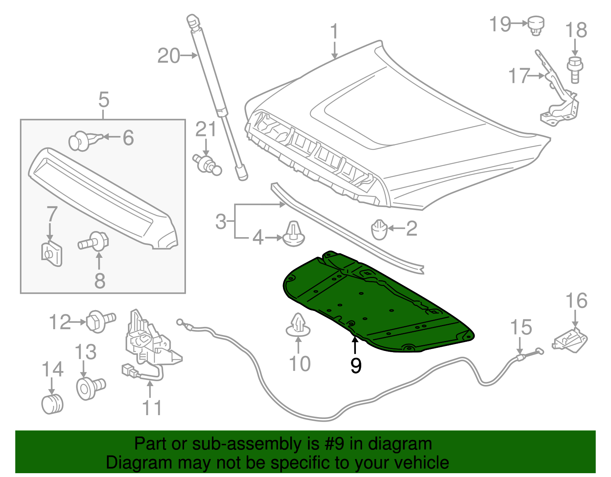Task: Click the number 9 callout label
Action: point(356,365)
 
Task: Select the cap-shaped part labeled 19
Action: point(536,25)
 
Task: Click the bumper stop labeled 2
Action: point(379,230)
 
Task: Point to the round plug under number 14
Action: point(52,404)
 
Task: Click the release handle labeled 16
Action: point(570,340)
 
